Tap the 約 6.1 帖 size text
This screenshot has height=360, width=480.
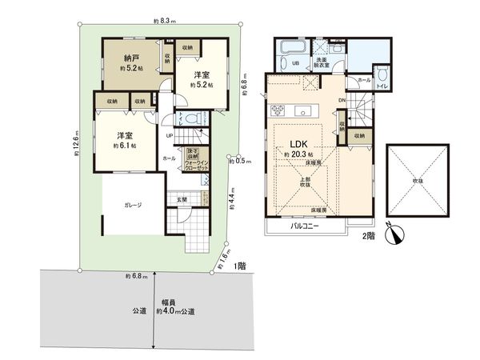click(125, 146)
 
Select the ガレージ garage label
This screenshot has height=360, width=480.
click(133, 206)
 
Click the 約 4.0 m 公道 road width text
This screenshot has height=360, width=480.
click(175, 310)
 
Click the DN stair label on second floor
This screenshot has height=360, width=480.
click(342, 100)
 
